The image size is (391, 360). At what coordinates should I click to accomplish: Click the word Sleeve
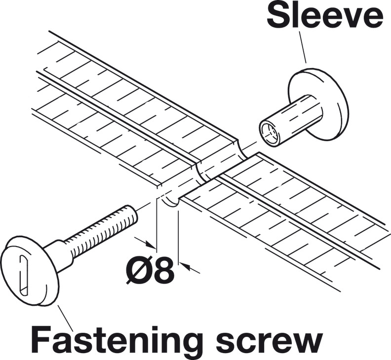pyautogui.click(x=324, y=17)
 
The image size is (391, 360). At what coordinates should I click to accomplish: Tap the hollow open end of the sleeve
pyautogui.click(x=269, y=132)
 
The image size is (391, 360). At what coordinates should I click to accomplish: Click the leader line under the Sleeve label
pyautogui.click(x=302, y=47)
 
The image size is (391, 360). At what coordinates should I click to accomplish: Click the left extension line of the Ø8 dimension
pyautogui.click(x=156, y=222)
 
